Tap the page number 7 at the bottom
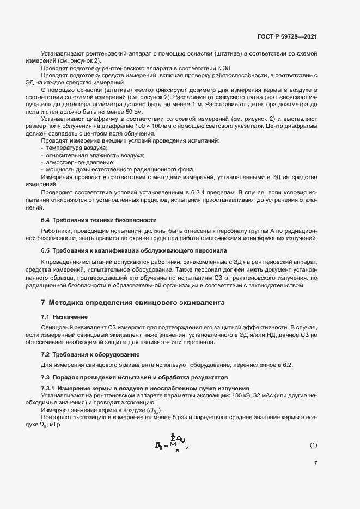point(315,464)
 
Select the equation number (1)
point(313,445)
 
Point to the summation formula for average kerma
point(171,445)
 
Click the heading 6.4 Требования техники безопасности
point(99,220)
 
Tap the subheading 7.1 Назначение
point(65,316)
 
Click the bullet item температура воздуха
point(76,148)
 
